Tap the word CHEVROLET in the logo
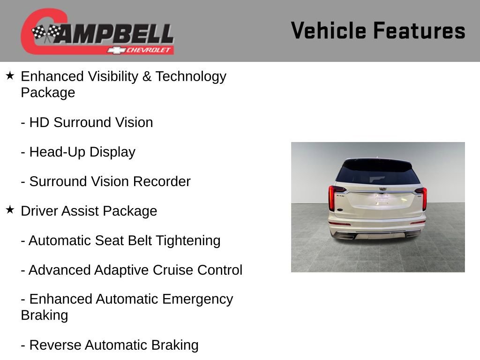[x=149, y=50]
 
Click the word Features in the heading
[x=419, y=31]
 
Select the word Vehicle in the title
[x=328, y=31]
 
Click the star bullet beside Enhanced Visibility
[x=10, y=75]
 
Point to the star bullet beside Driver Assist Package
[x=10, y=210]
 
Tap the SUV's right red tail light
[x=424, y=199]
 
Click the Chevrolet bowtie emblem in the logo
[x=114, y=50]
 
